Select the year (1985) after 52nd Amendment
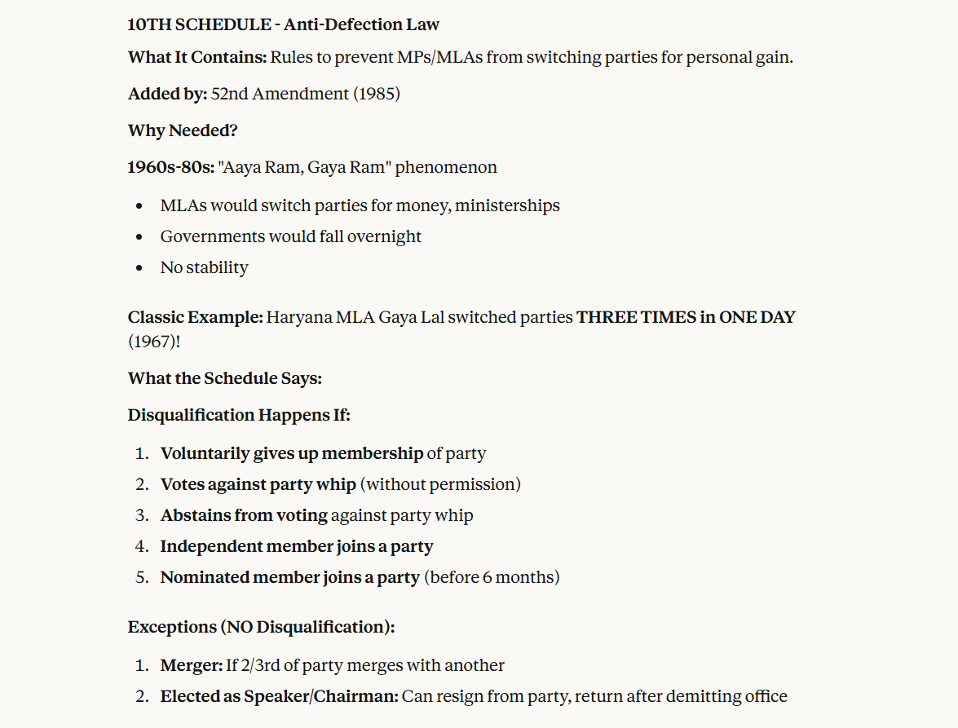coord(376,94)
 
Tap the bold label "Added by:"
coord(167,94)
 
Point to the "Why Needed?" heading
coord(183,130)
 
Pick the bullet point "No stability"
coord(204,267)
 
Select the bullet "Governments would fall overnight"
coord(290,236)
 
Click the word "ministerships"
coord(507,205)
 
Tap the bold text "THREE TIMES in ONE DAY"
coord(686,316)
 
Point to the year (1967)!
coord(154,341)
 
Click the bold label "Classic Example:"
coord(195,316)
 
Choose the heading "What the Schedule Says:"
coord(225,378)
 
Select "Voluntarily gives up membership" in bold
coord(291,453)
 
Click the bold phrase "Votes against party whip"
coord(258,484)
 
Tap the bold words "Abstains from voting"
coord(244,515)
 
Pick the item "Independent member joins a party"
coord(296,546)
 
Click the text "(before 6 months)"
coord(492,577)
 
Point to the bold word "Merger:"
coord(191,665)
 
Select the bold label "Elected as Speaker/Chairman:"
coord(279,696)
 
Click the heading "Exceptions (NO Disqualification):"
coord(261,627)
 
